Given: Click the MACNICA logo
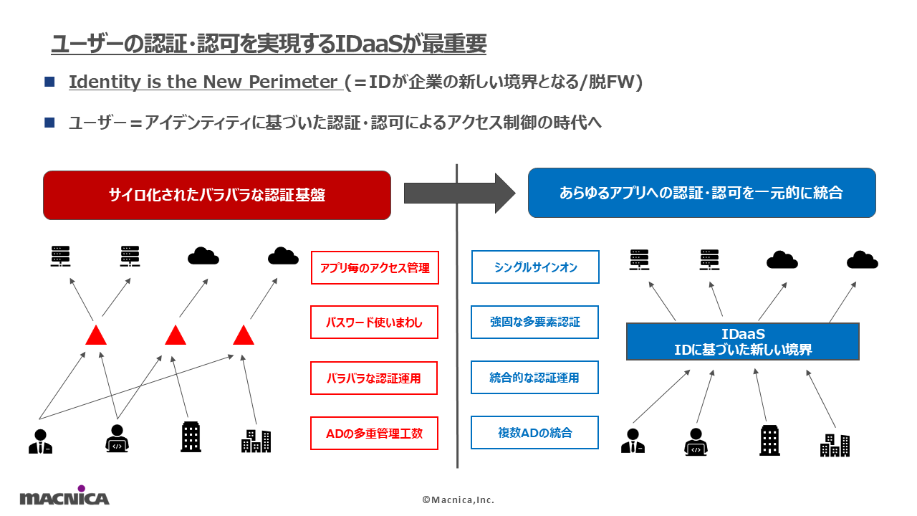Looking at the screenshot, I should click(x=64, y=496).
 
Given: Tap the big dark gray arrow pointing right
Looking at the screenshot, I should click(x=458, y=192).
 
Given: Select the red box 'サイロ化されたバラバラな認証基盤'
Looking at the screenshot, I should click(x=217, y=195).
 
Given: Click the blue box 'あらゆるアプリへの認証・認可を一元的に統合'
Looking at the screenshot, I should click(x=701, y=193).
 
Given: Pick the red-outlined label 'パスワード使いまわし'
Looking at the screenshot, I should click(x=374, y=322).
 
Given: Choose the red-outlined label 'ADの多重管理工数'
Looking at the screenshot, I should click(x=374, y=433).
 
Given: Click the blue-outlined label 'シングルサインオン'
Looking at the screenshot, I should click(x=535, y=267).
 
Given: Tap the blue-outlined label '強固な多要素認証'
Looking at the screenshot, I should click(x=535, y=322).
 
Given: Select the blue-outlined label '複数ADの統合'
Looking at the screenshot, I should click(x=535, y=433).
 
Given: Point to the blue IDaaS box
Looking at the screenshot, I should click(x=742, y=342).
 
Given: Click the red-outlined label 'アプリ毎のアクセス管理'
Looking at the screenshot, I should click(x=374, y=267).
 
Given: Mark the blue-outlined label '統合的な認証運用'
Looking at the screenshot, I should click(x=535, y=378).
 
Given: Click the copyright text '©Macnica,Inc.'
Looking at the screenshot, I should click(x=458, y=500).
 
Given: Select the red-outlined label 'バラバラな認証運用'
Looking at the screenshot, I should click(x=374, y=378).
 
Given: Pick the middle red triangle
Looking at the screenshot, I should click(x=176, y=335).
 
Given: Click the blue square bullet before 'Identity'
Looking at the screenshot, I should click(x=49, y=82).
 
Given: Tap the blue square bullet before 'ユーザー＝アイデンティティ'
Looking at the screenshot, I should click(x=49, y=123).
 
